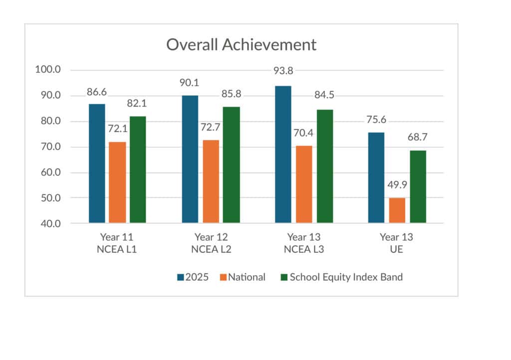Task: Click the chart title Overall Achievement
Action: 241,44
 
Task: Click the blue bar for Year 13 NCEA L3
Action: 283,154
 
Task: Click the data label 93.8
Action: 283,70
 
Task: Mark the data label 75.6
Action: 376,120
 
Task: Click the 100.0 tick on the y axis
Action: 48,69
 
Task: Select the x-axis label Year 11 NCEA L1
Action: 117,243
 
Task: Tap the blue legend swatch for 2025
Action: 180,277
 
